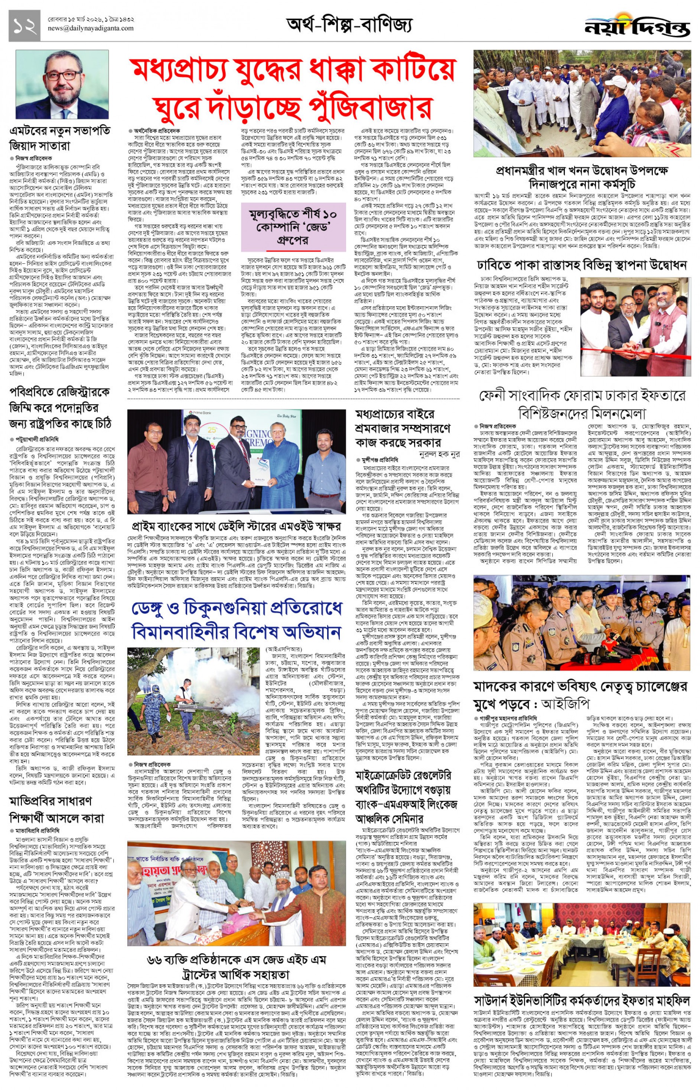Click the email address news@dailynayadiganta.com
pos(91,28)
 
